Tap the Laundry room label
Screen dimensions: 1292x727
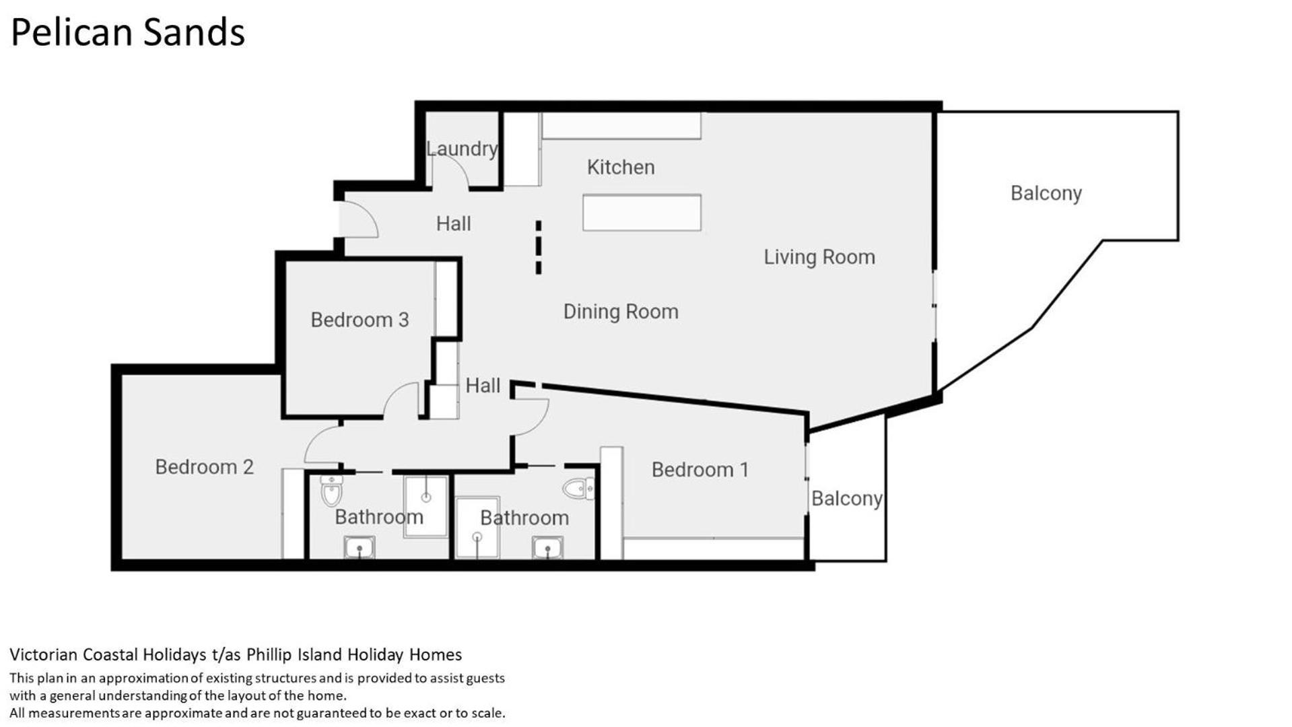point(462,148)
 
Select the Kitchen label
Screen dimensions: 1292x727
point(621,167)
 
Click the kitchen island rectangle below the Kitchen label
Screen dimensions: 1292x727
point(642,213)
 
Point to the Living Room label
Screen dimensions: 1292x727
point(819,257)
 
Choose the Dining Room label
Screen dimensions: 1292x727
point(621,312)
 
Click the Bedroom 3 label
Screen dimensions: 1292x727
point(360,320)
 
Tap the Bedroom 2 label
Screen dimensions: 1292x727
point(204,467)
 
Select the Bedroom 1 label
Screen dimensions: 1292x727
point(700,470)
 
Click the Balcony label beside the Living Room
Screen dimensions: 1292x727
point(1046,194)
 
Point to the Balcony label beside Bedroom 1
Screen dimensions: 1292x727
point(847,499)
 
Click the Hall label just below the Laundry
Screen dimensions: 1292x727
point(453,223)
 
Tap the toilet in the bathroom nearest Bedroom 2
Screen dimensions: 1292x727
point(331,491)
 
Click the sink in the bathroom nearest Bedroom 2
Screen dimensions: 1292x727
point(360,547)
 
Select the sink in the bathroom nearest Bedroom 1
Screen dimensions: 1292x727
point(547,547)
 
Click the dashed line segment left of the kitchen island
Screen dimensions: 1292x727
point(538,247)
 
